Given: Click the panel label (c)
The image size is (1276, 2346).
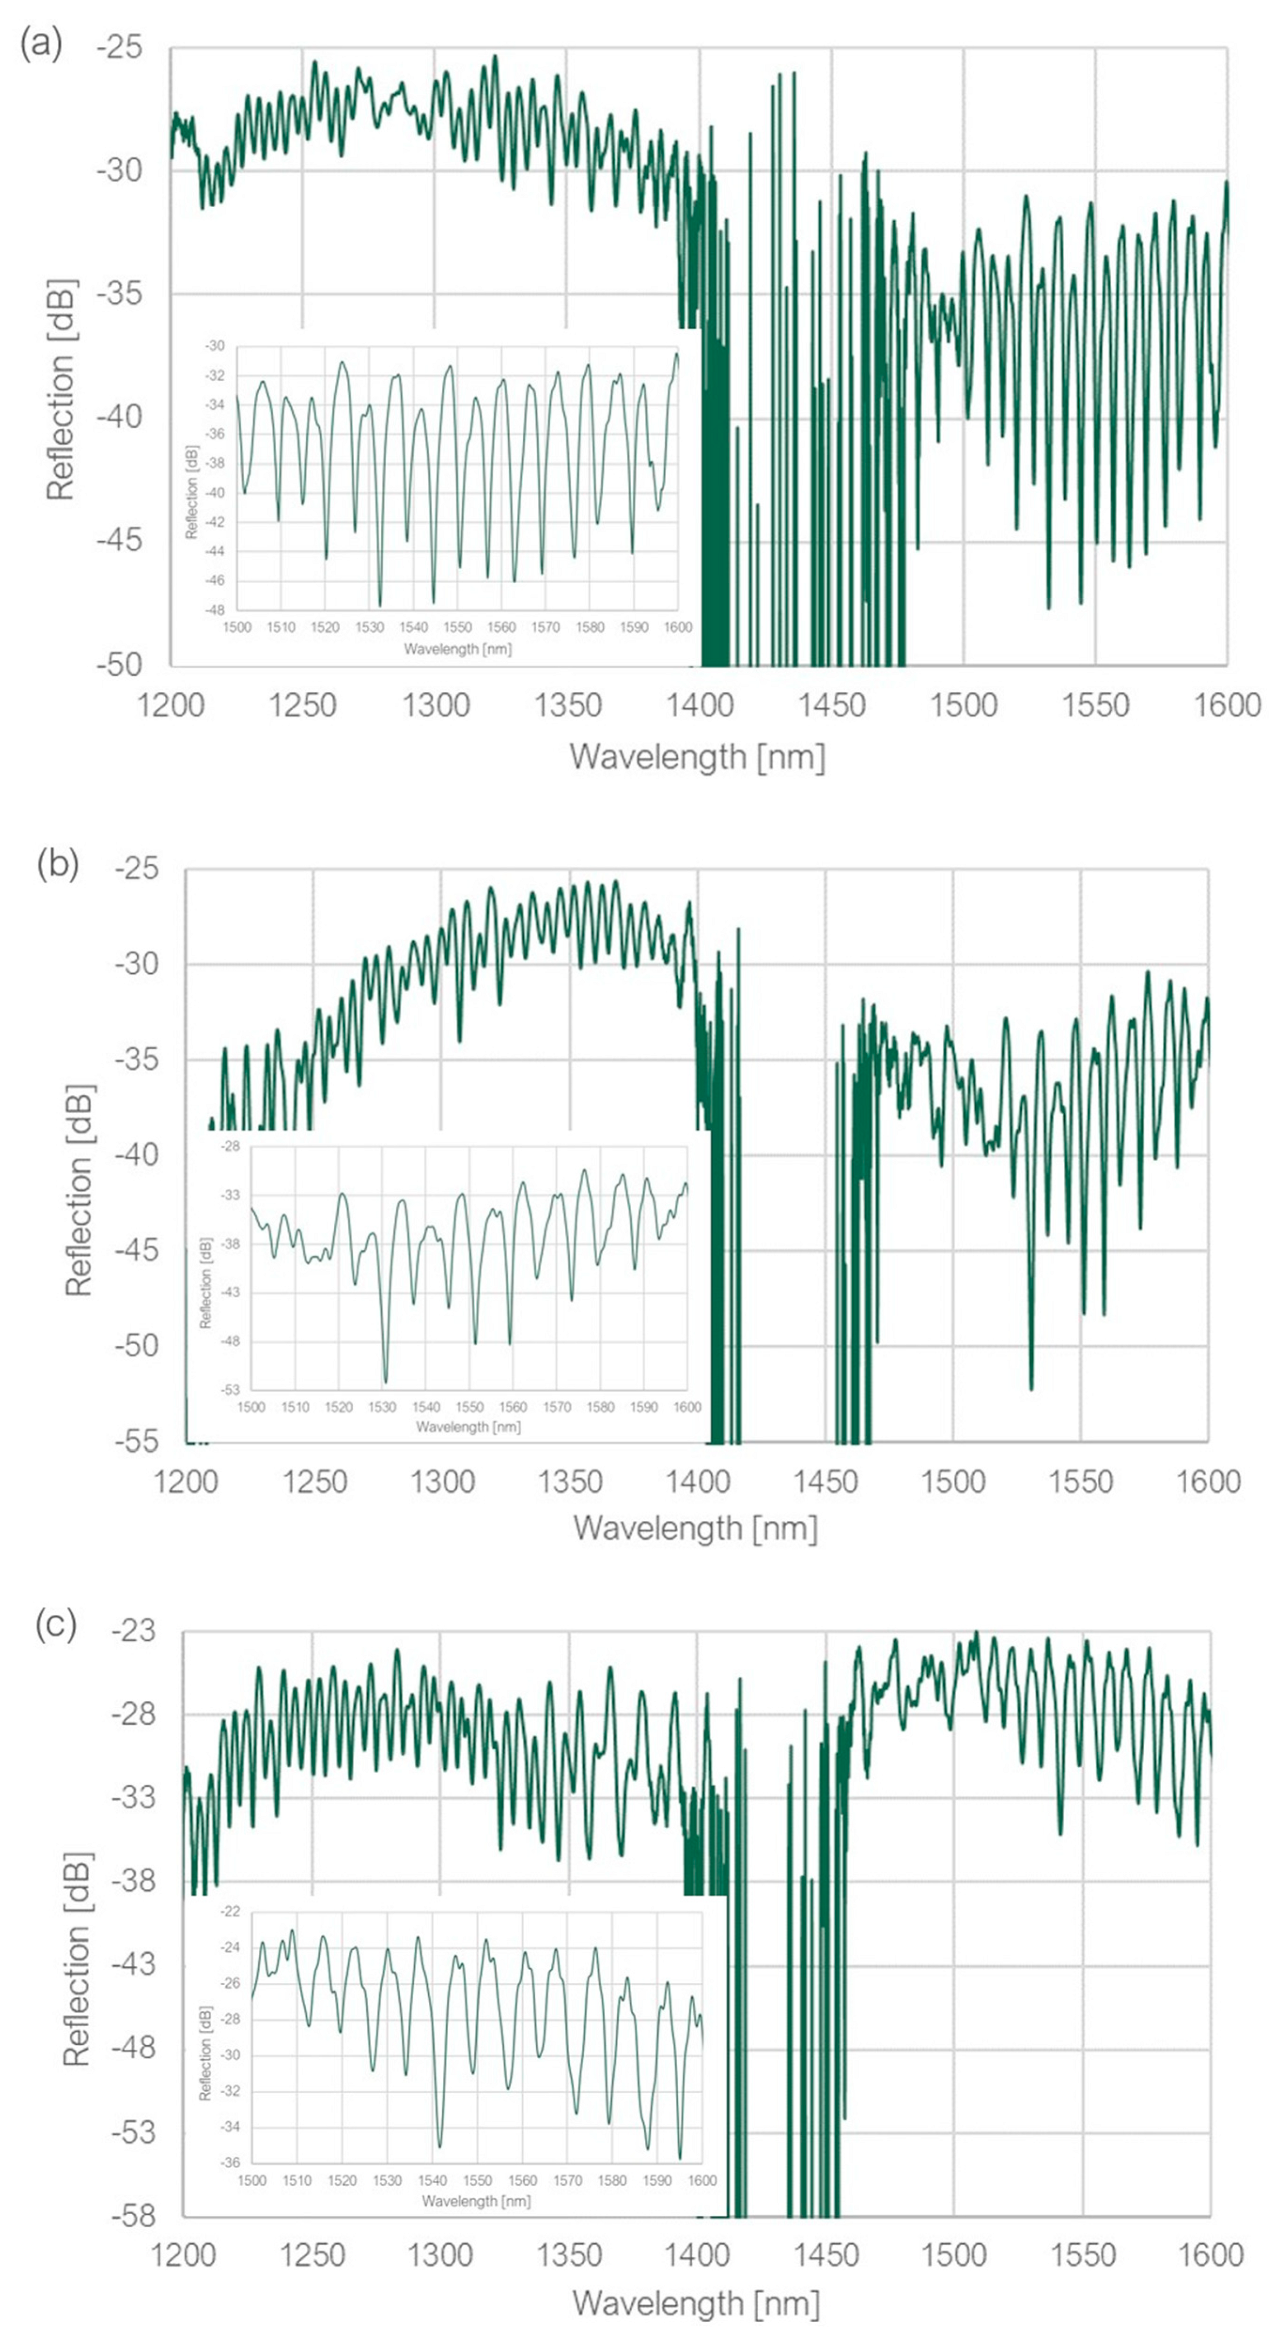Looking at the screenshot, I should click(x=55, y=1625).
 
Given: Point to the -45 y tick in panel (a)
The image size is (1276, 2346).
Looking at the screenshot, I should click(x=119, y=540).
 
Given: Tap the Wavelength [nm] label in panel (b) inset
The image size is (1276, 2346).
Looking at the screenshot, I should click(x=468, y=1426).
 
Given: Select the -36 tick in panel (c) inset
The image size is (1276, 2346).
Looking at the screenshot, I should click(x=231, y=2162).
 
